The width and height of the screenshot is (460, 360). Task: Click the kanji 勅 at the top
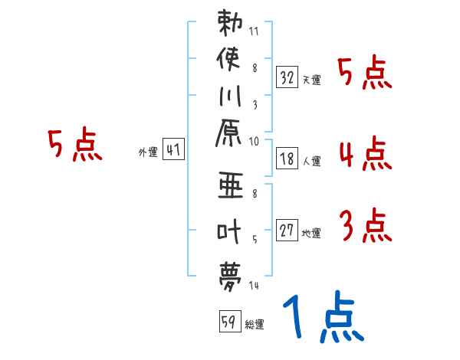point(230,23)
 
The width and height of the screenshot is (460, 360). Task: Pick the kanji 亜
point(230,186)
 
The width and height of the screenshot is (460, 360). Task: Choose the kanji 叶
point(230,231)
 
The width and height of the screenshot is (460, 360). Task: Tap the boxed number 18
point(287,159)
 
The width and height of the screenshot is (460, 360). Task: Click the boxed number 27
point(287,231)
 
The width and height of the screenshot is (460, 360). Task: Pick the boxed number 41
point(172,151)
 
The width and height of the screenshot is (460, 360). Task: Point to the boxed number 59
point(228,322)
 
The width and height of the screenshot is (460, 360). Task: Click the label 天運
point(311,80)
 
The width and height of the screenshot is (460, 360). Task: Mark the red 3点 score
point(364,225)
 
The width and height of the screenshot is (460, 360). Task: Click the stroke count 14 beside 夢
point(253,286)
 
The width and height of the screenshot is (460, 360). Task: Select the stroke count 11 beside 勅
point(254,33)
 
